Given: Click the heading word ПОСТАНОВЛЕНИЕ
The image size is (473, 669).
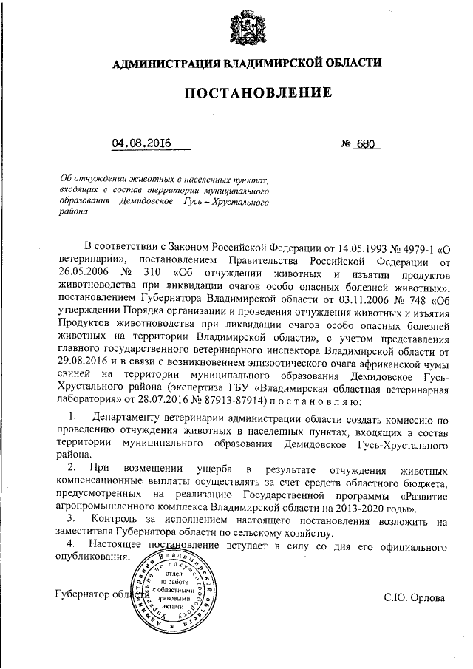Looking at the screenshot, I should click(x=242, y=93).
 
